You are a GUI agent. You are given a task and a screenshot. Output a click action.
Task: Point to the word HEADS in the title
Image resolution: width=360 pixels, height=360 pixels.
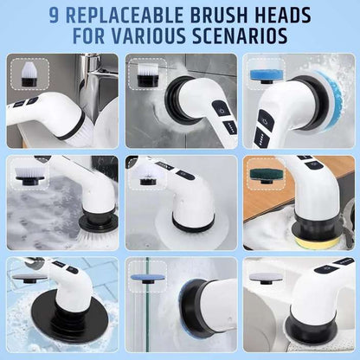point(294,16)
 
